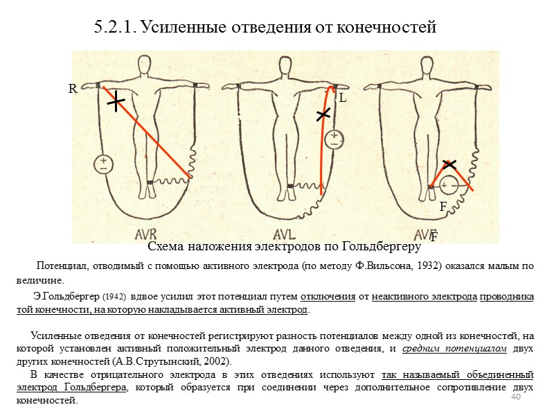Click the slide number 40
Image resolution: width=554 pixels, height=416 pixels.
click(x=515, y=397)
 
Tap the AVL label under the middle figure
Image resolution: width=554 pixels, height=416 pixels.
click(x=285, y=232)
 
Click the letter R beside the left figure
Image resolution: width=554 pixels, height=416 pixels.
click(x=71, y=89)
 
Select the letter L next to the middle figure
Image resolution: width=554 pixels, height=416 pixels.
click(x=342, y=99)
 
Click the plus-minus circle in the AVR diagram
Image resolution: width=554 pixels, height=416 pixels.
click(x=103, y=164)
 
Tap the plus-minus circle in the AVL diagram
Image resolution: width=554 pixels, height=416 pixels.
click(x=334, y=139)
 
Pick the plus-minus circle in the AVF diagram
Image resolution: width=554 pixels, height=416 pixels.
click(x=451, y=187)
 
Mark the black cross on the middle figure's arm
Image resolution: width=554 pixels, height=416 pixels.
click(x=323, y=115)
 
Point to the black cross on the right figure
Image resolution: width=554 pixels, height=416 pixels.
click(x=449, y=164)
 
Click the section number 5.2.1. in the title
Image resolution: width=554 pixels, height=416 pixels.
click(x=115, y=28)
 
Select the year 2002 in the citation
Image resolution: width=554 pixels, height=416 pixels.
click(x=215, y=362)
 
